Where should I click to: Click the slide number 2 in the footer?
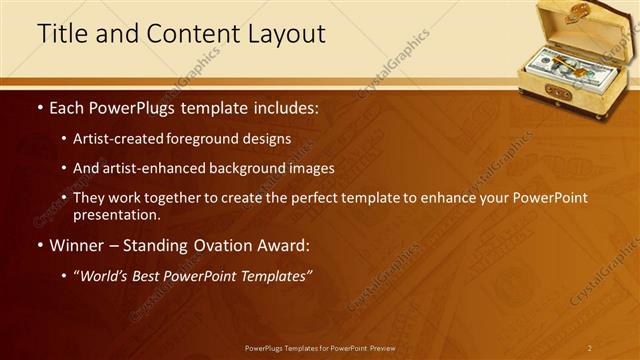[589, 347]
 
